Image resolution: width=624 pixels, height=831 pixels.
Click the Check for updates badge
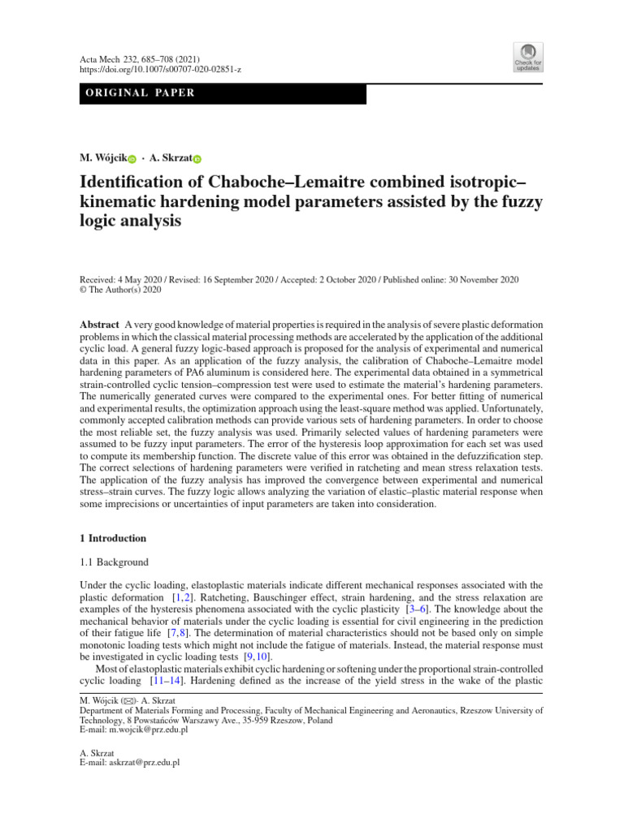pyautogui.click(x=526, y=57)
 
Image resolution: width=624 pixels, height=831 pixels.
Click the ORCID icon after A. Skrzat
pyautogui.click(x=196, y=158)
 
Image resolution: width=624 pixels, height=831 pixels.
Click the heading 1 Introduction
pyautogui.click(x=112, y=538)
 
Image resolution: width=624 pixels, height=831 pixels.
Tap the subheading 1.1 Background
pyautogui.click(x=114, y=562)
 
